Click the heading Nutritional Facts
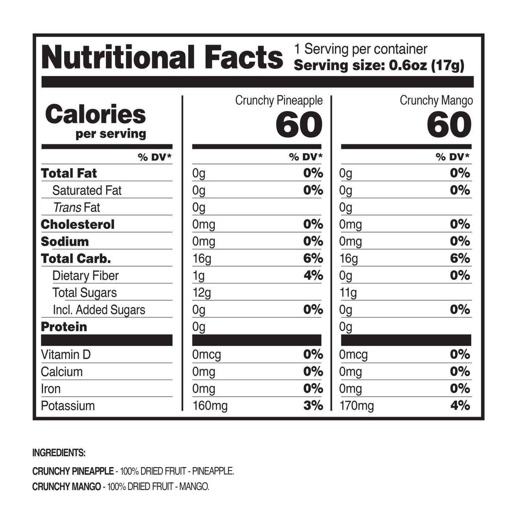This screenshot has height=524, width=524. coord(162,57)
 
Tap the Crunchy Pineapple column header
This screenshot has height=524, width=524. coord(278,100)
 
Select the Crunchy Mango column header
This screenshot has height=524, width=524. coord(436,100)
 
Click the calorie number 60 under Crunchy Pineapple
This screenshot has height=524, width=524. coord(299,125)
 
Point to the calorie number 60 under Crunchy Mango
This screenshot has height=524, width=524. coord(449,125)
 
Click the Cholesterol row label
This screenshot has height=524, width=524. coord(78,224)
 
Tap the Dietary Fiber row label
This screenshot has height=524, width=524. coord(85,276)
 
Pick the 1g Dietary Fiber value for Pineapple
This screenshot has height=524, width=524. coord(198,276)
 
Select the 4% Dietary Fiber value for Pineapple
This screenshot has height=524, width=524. coord(313,275)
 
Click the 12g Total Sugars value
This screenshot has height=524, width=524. coord(202,293)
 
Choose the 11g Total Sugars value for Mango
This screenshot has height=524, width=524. coord(348,293)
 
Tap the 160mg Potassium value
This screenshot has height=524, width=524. coord(210,406)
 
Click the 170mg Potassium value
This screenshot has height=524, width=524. coord(356,406)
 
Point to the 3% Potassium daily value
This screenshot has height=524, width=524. coord(313,405)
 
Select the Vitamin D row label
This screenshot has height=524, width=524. coord(66,355)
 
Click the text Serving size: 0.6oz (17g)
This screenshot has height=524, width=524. coord(379,66)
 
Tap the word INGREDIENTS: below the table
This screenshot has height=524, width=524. coord(59,453)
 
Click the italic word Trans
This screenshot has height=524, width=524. coord(67,207)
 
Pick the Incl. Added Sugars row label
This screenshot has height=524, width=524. coord(99,310)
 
